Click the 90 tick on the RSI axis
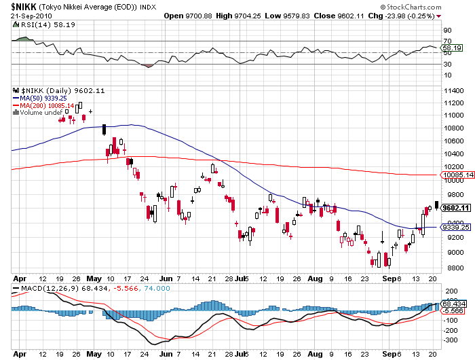point(447,31)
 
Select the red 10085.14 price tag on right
point(457,175)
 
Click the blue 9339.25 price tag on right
point(455,228)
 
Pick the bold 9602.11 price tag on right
point(456,209)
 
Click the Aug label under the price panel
point(313,278)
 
